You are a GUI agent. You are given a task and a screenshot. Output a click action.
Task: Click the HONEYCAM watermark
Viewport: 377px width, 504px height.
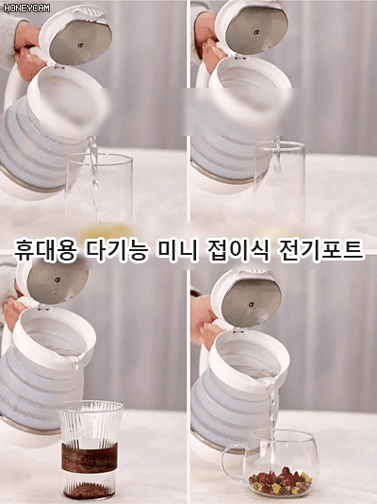tap(26, 8)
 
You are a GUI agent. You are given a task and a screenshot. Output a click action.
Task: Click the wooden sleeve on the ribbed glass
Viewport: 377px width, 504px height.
tap(90, 458)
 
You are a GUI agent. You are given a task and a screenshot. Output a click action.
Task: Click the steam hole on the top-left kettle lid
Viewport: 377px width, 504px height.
tap(80, 45)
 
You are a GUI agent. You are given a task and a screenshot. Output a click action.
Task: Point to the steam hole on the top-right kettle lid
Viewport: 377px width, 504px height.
tap(256, 32)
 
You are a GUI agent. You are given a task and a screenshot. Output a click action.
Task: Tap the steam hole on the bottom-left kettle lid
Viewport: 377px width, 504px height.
tap(57, 279)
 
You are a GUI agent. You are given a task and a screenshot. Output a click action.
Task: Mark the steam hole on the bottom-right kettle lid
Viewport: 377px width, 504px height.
tap(252, 305)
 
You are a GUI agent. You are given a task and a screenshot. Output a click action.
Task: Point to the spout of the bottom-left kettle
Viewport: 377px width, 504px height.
tap(74, 361)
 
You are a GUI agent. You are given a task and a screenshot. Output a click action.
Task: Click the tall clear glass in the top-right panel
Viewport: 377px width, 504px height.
tap(279, 181)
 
